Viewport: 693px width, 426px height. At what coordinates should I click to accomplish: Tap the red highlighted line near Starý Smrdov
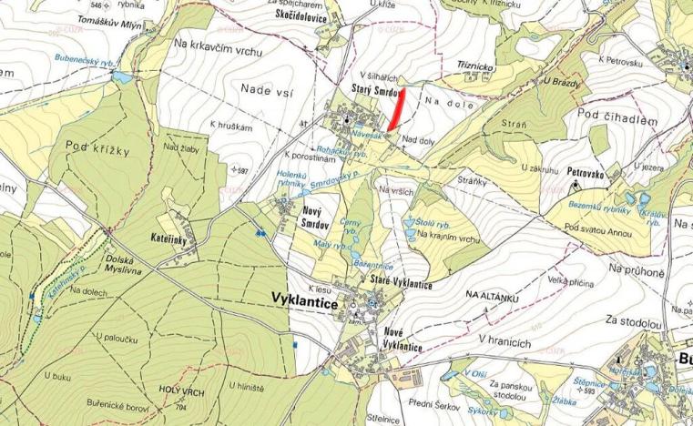397,112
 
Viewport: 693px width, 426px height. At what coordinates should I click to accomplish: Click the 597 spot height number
240,170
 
